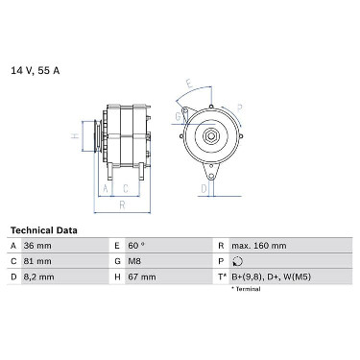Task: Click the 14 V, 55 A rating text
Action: (x=36, y=70)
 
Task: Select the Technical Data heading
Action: (x=44, y=230)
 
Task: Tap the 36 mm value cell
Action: (x=37, y=246)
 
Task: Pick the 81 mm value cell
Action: (x=37, y=261)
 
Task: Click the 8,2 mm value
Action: (x=38, y=276)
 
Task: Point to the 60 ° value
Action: (x=136, y=246)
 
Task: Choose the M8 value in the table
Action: (x=134, y=261)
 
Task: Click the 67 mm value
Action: (x=142, y=276)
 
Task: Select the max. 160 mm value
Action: (x=259, y=246)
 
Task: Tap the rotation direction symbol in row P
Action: (x=237, y=261)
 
